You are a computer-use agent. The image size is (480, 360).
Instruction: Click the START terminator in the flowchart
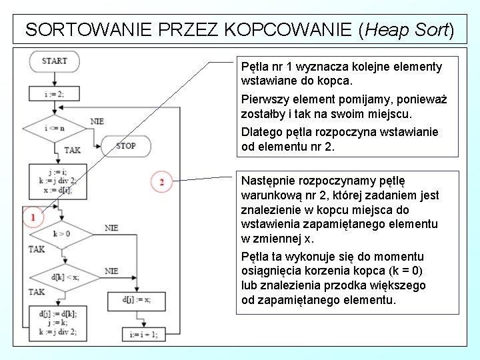pos(54,61)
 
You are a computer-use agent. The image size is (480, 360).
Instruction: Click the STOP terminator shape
pos(125,145)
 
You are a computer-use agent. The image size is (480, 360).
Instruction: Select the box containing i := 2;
pos(54,94)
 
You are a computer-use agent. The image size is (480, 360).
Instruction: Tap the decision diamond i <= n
pos(54,128)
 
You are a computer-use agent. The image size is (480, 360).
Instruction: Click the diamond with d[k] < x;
pos(65,276)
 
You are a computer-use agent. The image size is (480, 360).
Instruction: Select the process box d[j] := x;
pos(136,300)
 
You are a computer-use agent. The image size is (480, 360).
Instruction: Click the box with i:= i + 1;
pos(143,335)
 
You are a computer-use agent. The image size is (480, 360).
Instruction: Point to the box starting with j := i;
pos(57,180)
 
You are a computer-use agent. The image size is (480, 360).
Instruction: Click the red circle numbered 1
pos(33,216)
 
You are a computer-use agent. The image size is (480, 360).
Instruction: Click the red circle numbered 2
pos(161,181)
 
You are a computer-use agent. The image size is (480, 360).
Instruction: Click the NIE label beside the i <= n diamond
pos(97,121)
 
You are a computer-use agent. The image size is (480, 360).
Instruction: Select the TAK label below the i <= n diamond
pos(72,151)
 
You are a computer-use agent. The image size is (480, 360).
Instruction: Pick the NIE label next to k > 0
pos(111,228)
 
